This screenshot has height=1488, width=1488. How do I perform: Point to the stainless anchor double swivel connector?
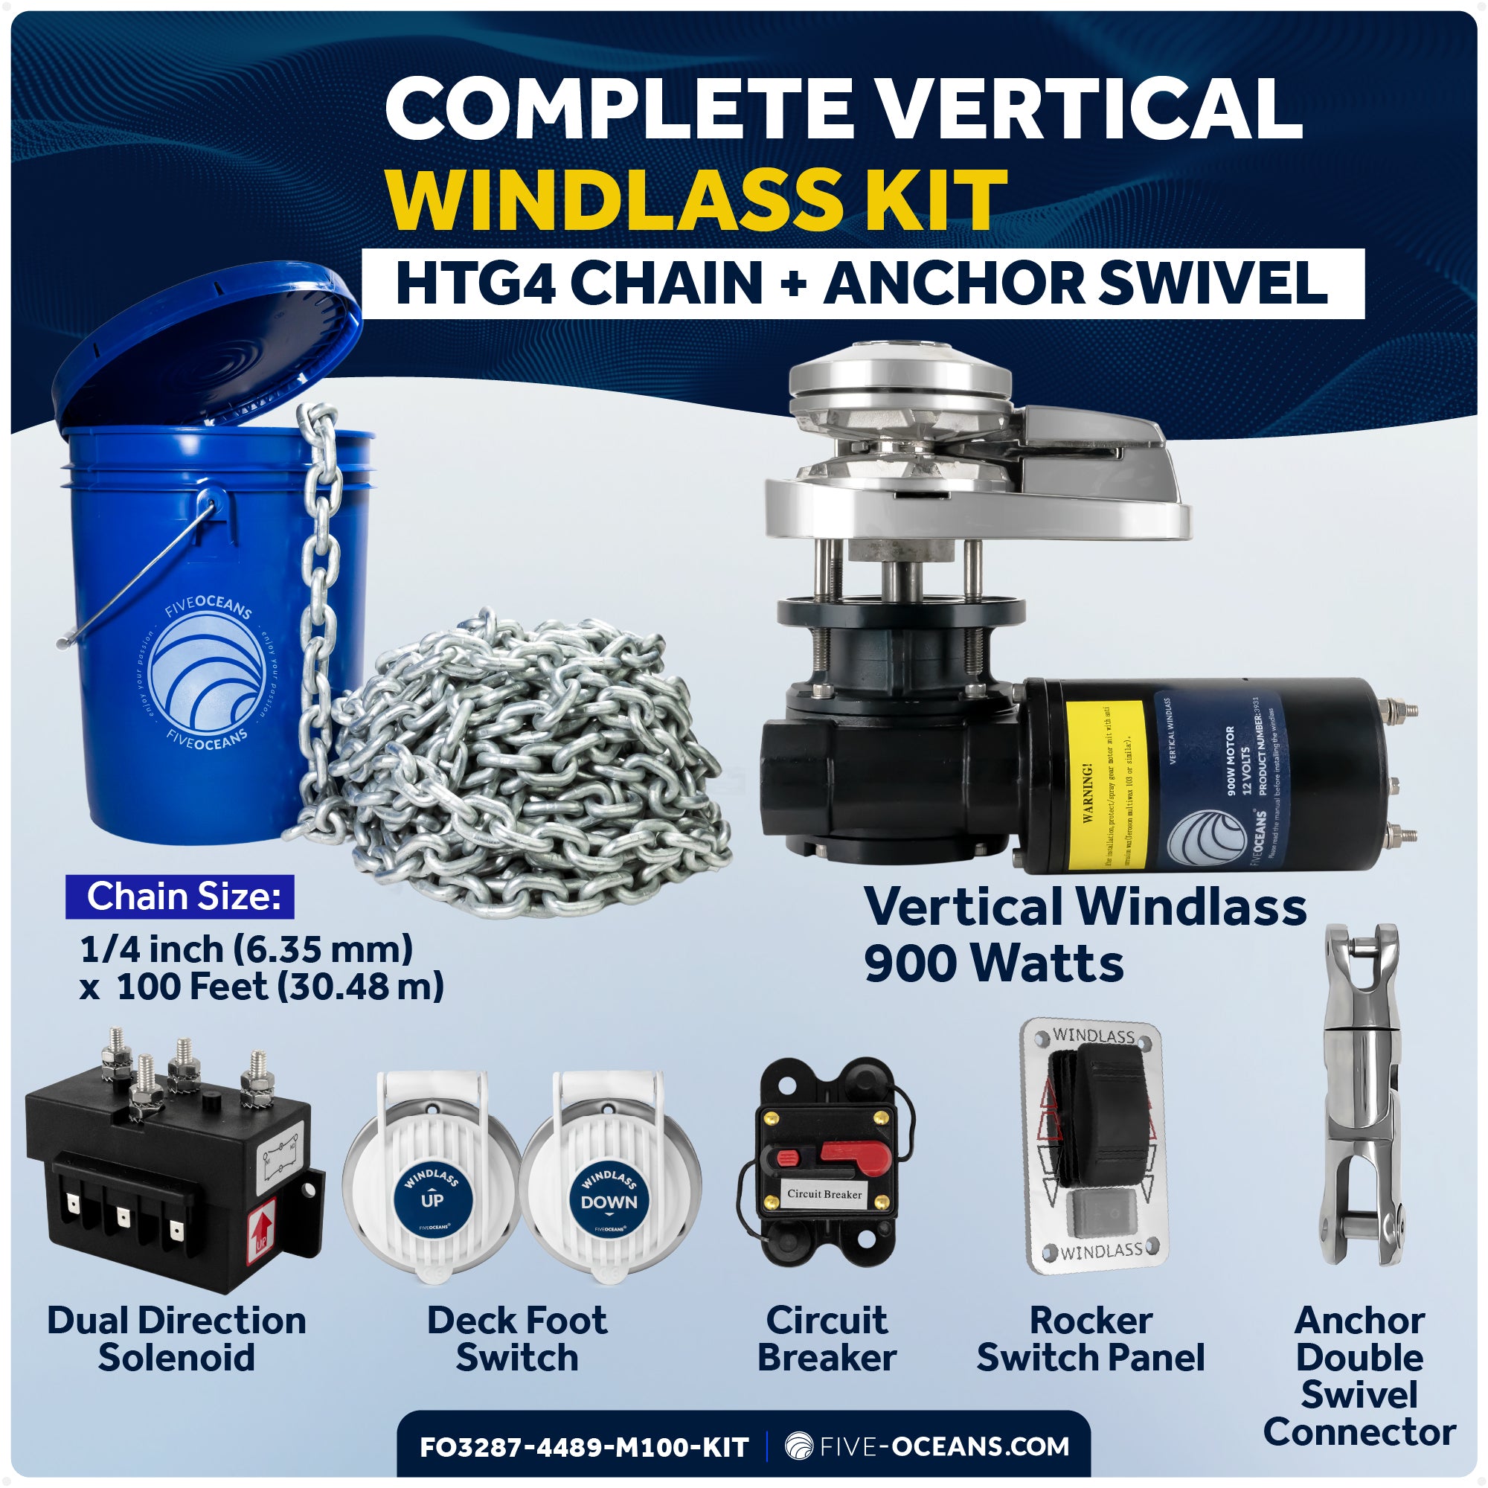coord(1359,1094)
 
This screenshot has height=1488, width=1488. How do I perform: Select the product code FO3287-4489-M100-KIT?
coord(584,1447)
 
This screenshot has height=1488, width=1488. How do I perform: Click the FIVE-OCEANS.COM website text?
coord(941,1446)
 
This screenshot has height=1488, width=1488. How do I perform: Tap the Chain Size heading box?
coord(180,897)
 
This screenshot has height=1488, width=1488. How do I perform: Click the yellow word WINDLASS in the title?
coord(609,199)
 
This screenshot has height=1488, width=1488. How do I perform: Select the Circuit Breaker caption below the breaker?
coord(827,1338)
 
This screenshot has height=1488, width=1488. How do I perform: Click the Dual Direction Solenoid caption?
coord(176,1338)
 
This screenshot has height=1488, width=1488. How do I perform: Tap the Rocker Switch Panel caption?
coord(1091,1338)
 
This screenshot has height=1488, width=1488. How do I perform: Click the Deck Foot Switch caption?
coord(517,1338)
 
